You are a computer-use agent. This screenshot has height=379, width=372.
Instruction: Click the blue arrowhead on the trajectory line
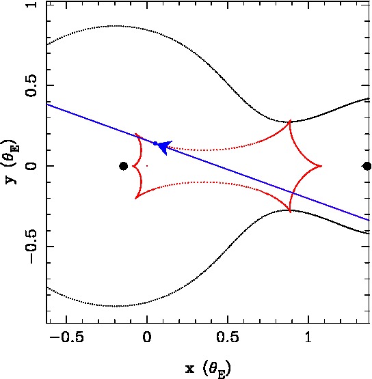pyautogui.click(x=164, y=147)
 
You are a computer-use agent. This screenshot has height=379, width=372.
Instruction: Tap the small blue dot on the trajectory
pyautogui.click(x=155, y=143)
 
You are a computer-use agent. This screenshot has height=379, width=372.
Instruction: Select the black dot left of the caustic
pyautogui.click(x=124, y=166)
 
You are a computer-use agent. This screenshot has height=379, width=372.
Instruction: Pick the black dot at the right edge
pyautogui.click(x=367, y=166)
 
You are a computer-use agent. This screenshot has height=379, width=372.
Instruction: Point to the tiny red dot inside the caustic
pyautogui.click(x=147, y=166)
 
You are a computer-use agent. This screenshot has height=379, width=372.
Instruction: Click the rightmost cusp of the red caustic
pyautogui.click(x=321, y=166)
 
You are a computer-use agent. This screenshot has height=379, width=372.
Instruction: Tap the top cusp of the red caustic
pyautogui.click(x=290, y=120)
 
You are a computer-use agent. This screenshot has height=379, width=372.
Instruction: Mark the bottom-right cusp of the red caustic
pyautogui.click(x=290, y=212)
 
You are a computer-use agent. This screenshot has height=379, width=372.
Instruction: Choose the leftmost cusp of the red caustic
pyautogui.click(x=133, y=166)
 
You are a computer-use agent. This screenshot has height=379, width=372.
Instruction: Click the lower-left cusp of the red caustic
pyautogui.click(x=135, y=198)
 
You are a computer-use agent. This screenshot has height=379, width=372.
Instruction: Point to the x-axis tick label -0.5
pyautogui.click(x=66, y=337)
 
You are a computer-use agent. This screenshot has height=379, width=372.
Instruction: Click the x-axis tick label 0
pyautogui.click(x=147, y=337)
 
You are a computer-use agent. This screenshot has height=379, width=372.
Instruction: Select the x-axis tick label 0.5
pyautogui.click(x=228, y=337)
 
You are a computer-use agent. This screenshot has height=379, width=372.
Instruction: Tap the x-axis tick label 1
pyautogui.click(x=308, y=337)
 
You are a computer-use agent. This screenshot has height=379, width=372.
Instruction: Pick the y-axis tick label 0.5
pyautogui.click(x=31, y=85)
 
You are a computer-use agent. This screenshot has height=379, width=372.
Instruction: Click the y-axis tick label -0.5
pyautogui.click(x=31, y=247)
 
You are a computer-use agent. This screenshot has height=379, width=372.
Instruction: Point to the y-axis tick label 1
pyautogui.click(x=31, y=5)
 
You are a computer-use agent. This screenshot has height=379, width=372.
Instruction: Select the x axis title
pyautogui.click(x=208, y=368)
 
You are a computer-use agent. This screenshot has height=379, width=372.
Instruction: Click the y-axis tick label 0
pyautogui.click(x=31, y=166)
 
